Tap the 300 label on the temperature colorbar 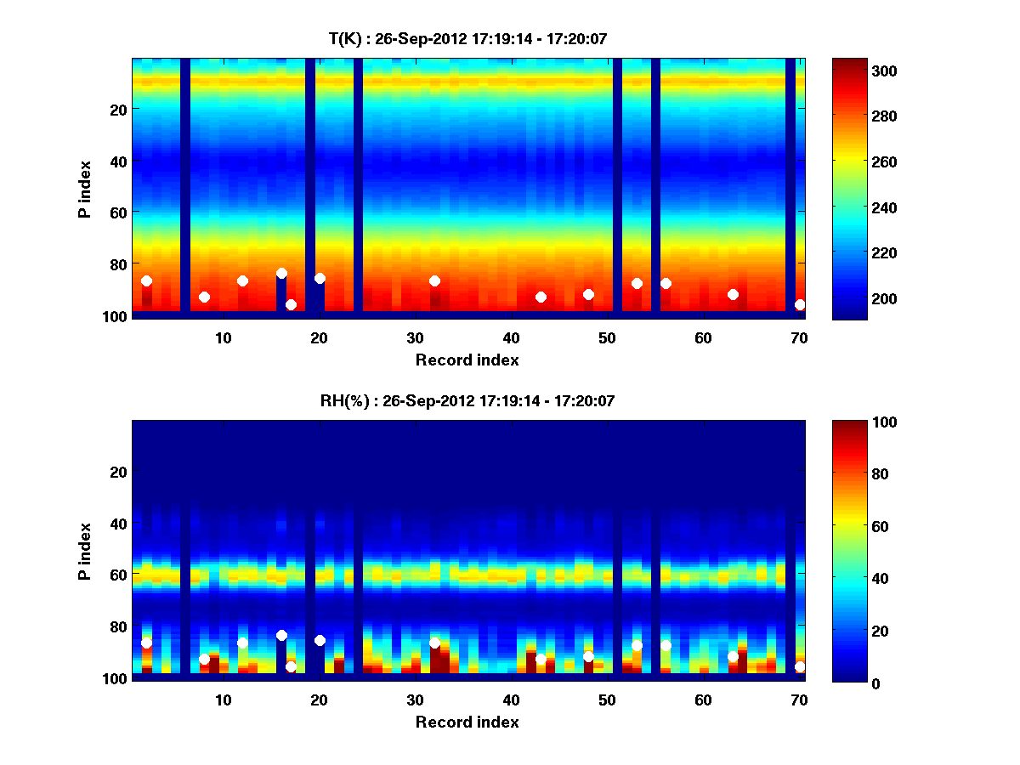(862, 71)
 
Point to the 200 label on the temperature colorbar (862, 299)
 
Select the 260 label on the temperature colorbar (862, 161)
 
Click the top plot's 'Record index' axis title (467, 360)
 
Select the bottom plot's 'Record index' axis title (467, 722)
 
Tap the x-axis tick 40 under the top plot (511, 337)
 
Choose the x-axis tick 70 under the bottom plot (799, 700)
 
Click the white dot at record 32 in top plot (434, 280)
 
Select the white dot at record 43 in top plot (541, 297)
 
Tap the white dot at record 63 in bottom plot (733, 656)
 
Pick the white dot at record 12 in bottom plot (242, 643)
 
